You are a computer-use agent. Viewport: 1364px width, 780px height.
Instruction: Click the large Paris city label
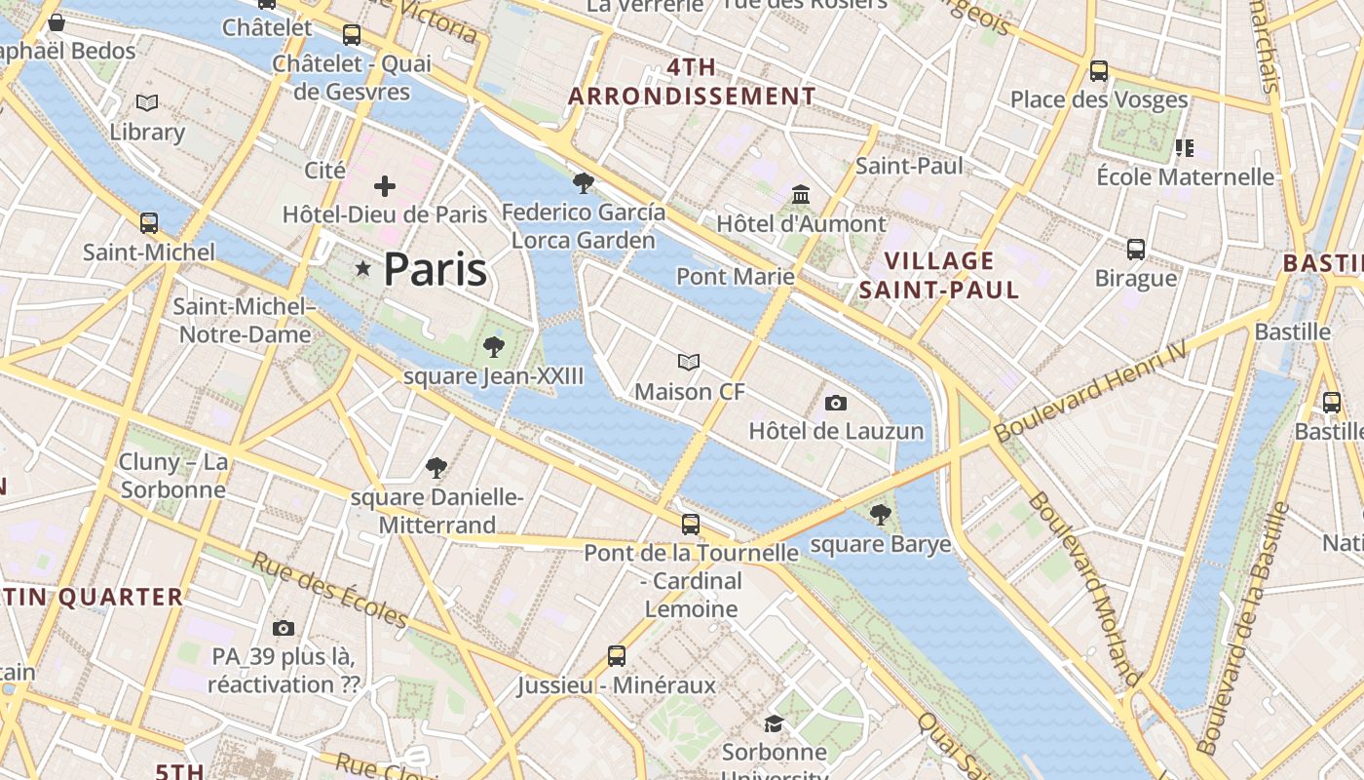pos(435,269)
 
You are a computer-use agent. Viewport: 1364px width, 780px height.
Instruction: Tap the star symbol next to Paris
pos(363,267)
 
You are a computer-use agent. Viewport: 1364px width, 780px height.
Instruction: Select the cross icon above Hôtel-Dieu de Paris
pos(385,185)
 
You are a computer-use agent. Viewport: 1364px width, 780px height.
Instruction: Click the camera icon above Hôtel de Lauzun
pos(835,403)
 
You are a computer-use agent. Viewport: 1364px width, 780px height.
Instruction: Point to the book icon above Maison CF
pos(689,363)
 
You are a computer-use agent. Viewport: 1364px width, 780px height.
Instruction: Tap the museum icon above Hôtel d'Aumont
pos(801,195)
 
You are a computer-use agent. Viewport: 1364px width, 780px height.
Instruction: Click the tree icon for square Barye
pos(880,515)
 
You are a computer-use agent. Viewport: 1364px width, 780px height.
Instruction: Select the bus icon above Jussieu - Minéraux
pos(616,656)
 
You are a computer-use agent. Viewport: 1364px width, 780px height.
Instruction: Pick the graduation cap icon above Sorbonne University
pos(774,723)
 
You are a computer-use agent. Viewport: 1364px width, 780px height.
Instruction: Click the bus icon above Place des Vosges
pos(1099,71)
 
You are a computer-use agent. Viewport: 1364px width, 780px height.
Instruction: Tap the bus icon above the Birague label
pos(1136,250)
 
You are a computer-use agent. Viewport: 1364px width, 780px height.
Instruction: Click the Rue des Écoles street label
pos(329,590)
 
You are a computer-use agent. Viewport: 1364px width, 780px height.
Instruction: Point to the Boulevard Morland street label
pos(1083,590)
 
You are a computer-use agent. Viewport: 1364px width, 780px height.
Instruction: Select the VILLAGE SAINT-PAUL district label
pos(939,275)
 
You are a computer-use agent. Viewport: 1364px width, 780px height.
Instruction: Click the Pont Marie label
pos(736,276)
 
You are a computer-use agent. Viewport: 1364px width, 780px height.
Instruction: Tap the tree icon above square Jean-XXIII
pos(494,347)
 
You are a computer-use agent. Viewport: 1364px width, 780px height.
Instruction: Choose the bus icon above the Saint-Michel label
pos(149,223)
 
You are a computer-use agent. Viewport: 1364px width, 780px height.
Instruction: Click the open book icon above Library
pos(147,102)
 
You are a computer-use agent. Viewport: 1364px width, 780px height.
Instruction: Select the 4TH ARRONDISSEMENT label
pos(692,82)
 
